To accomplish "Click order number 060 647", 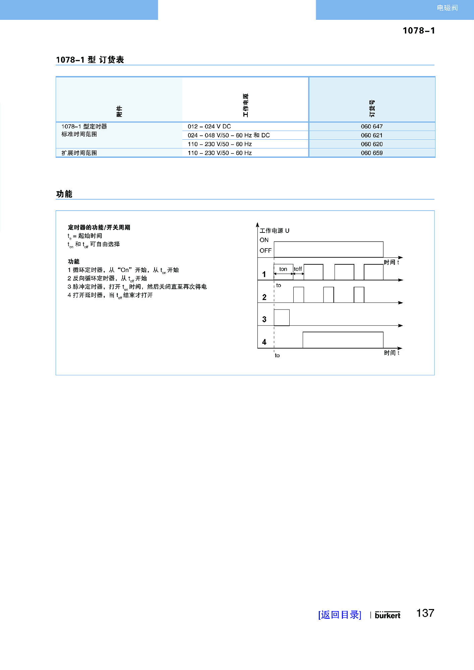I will [371, 127].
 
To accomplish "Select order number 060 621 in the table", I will [371, 135].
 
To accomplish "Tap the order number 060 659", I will [371, 153].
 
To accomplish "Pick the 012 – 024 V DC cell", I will [209, 127].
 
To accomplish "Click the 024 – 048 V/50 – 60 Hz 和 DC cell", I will [229, 135].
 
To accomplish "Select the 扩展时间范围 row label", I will [79, 153].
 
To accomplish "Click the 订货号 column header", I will [372, 109].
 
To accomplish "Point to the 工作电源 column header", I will [245, 105].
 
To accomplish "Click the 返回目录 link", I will [340, 615].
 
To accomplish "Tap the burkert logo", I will [388, 615].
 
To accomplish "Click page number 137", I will [425, 613].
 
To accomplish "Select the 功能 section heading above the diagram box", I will [64, 194].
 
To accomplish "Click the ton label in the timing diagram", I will [283, 269].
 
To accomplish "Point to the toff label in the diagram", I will [298, 269].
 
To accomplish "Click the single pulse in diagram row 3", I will [282, 318].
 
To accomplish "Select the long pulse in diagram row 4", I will [343, 340].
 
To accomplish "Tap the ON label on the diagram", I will [264, 240].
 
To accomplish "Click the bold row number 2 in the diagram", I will [264, 297].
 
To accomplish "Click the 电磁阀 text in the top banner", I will [447, 8].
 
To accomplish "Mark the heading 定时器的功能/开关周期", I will [99, 227].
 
